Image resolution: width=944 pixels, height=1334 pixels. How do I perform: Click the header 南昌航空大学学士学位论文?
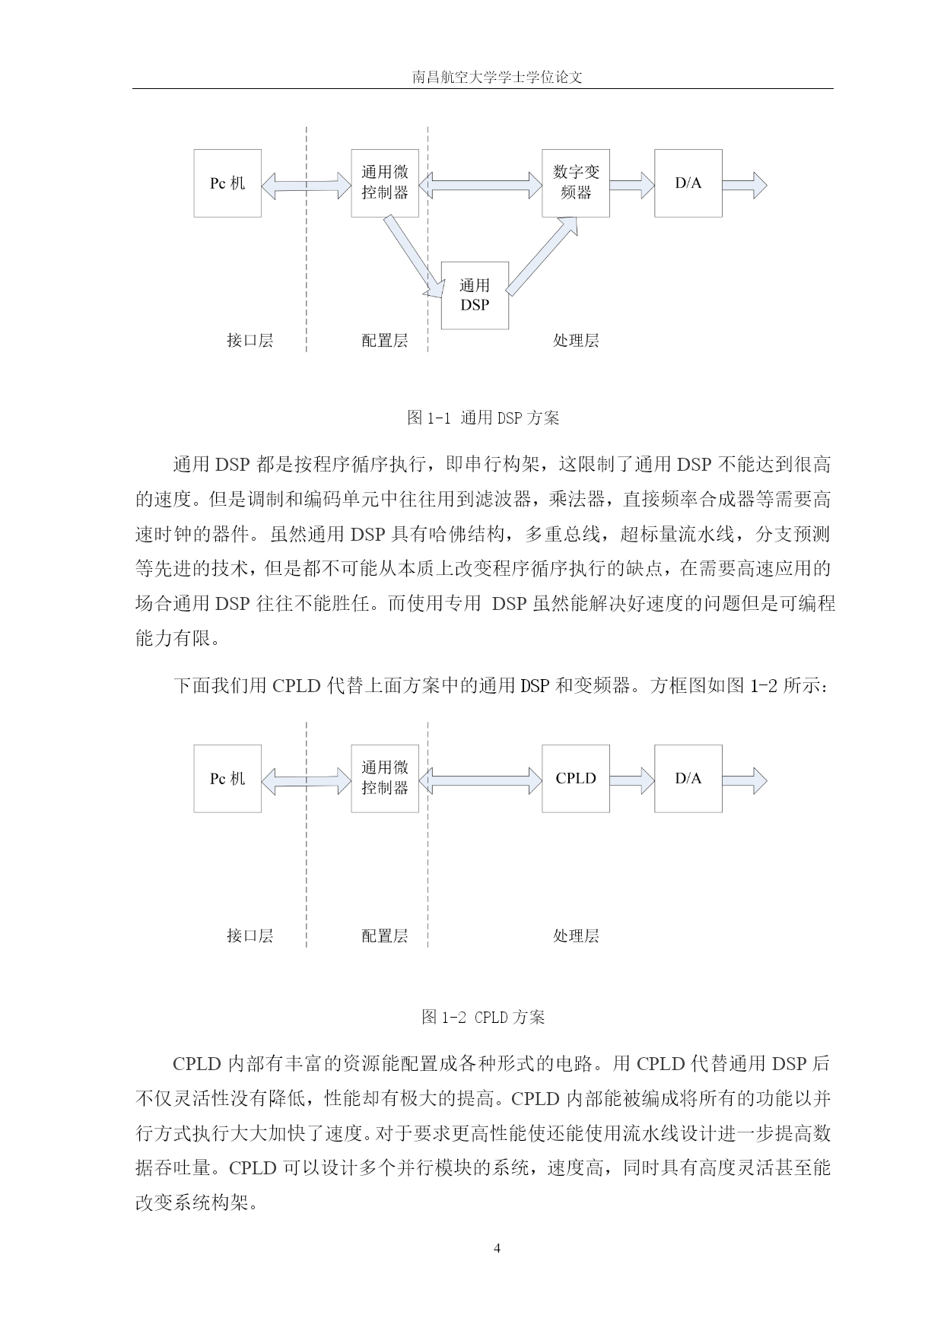[x=497, y=77]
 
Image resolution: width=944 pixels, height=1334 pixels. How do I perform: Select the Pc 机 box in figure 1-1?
[x=227, y=183]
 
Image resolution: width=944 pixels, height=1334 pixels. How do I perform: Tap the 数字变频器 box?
[x=576, y=183]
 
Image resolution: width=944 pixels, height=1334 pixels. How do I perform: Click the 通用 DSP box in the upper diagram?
[x=475, y=295]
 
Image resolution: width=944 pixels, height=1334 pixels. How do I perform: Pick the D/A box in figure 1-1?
[x=688, y=183]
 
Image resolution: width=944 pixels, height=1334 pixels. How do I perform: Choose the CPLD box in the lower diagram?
[x=576, y=779]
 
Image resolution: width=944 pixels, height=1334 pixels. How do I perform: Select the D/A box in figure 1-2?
[x=688, y=779]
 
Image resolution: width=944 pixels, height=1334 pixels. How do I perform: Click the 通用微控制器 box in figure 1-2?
[x=385, y=779]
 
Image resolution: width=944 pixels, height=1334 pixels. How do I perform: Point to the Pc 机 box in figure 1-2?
[x=227, y=779]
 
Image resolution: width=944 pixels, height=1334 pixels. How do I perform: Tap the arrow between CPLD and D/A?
[x=632, y=780]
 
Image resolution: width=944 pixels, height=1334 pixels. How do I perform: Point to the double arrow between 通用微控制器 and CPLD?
[x=481, y=780]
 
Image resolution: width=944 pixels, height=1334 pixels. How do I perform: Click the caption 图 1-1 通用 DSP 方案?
[x=483, y=418]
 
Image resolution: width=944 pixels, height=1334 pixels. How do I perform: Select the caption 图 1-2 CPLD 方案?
[x=483, y=1017]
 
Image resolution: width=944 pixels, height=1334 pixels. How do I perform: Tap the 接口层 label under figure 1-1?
[x=250, y=340]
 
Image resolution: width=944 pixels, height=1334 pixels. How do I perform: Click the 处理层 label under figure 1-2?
[x=576, y=935]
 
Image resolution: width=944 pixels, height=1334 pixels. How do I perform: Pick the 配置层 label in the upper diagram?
[x=385, y=340]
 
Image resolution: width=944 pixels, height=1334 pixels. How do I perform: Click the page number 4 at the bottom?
[x=497, y=1248]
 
